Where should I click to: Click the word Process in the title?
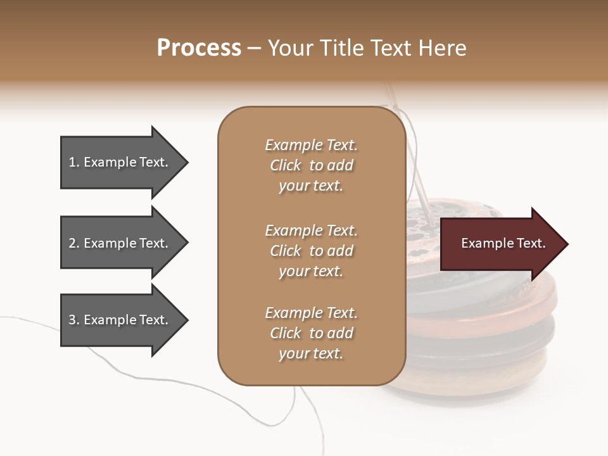point(199,48)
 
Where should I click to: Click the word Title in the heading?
point(343,48)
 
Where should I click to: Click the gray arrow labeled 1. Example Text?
point(120,162)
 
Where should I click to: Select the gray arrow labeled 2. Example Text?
point(120,243)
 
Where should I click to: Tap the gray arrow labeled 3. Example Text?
point(120,320)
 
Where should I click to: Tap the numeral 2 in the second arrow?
point(72,243)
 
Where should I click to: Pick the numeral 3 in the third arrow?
point(72,320)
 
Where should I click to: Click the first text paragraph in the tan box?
point(311,165)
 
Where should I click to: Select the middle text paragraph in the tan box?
point(311,251)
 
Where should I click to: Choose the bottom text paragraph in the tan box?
point(311,333)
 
